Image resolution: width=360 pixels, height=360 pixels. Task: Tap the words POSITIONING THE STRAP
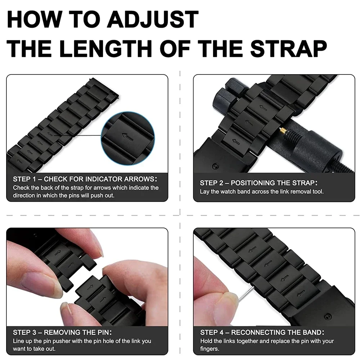tap(274, 183)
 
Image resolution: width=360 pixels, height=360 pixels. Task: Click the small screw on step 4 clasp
tap(327, 317)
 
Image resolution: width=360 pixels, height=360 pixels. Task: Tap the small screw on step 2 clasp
tap(215, 166)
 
